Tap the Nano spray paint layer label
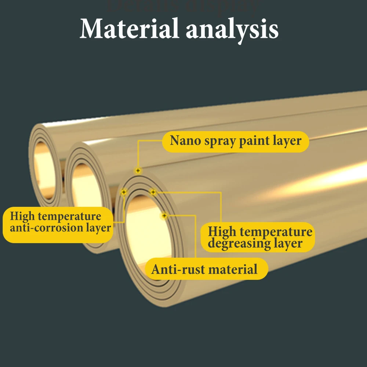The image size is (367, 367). tap(235, 141)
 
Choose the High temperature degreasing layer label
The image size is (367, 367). tap(260, 237)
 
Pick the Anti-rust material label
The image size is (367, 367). tap(204, 269)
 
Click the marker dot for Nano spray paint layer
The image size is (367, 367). tap(138, 170)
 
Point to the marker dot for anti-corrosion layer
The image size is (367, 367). tap(124, 192)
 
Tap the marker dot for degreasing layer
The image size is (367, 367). tap(153, 192)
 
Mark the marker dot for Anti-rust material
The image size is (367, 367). tap(164, 215)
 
